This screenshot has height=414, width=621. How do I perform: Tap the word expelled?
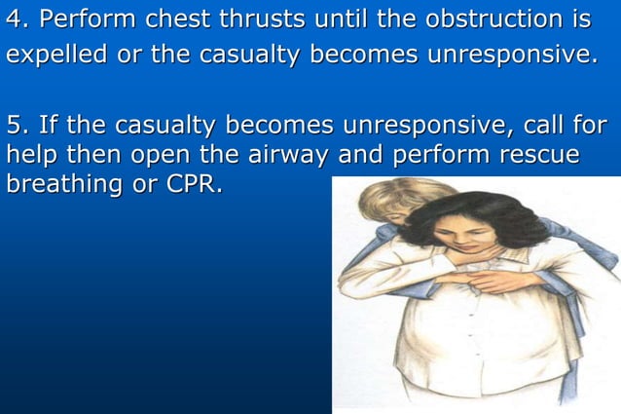pyautogui.click(x=57, y=55)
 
